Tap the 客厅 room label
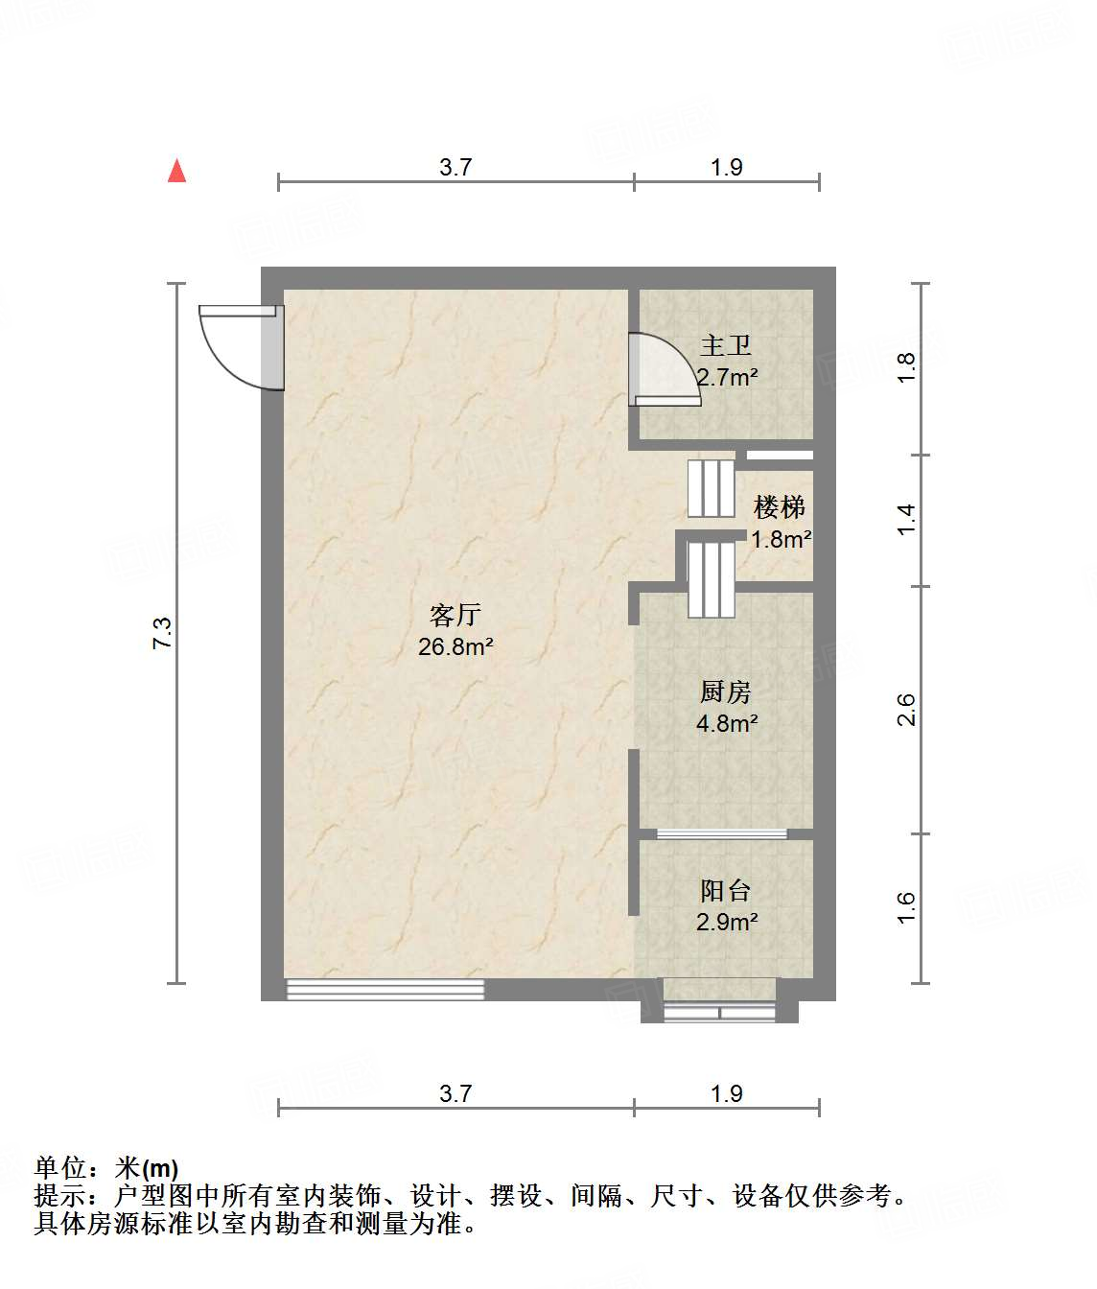click(455, 615)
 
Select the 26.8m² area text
click(455, 647)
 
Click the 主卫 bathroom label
click(725, 345)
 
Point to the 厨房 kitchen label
click(725, 691)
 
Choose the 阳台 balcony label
click(725, 891)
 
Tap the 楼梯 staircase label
click(779, 506)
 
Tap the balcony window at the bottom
click(719, 1012)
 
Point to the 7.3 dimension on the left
click(162, 634)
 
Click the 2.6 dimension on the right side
click(907, 710)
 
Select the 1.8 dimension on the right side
click(907, 368)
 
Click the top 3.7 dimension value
click(455, 168)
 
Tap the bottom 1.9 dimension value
click(727, 1094)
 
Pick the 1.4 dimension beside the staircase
click(907, 520)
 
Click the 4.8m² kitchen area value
click(727, 724)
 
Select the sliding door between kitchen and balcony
click(722, 833)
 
